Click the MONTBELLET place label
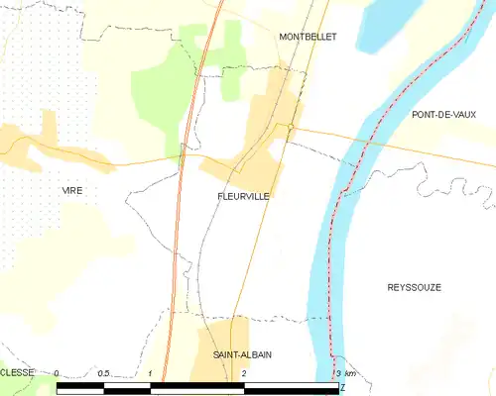(x=308, y=36)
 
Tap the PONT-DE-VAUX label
(x=443, y=115)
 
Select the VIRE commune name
(x=72, y=190)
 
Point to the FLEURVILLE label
(x=243, y=197)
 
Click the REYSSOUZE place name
(x=414, y=287)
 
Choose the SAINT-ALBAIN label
(x=243, y=354)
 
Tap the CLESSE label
(x=17, y=373)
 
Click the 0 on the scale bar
(x=57, y=373)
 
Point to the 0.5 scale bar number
(x=103, y=373)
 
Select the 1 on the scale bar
(x=150, y=373)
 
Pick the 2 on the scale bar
(x=243, y=373)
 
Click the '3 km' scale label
(x=344, y=373)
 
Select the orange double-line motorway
(x=179, y=247)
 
